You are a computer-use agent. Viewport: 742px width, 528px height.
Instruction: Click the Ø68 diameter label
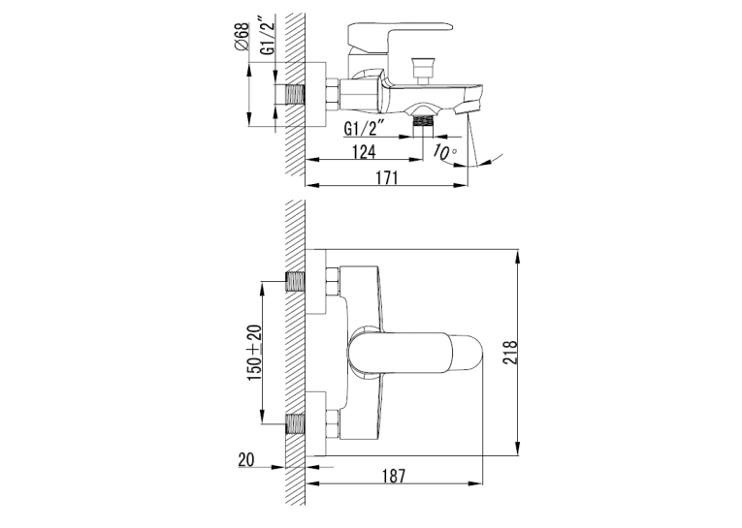point(242,37)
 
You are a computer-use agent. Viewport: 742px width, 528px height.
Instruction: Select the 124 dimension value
point(364,152)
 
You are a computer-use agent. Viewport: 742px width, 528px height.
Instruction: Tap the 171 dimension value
point(387,177)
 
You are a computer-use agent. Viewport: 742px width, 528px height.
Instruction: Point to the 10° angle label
point(445,152)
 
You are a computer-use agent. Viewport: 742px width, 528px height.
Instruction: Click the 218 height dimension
point(510,352)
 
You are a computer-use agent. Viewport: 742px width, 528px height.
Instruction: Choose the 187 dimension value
point(394,476)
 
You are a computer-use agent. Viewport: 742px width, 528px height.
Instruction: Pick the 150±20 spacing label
point(254,353)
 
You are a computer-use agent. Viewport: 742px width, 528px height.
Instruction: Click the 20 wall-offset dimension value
point(246,459)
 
